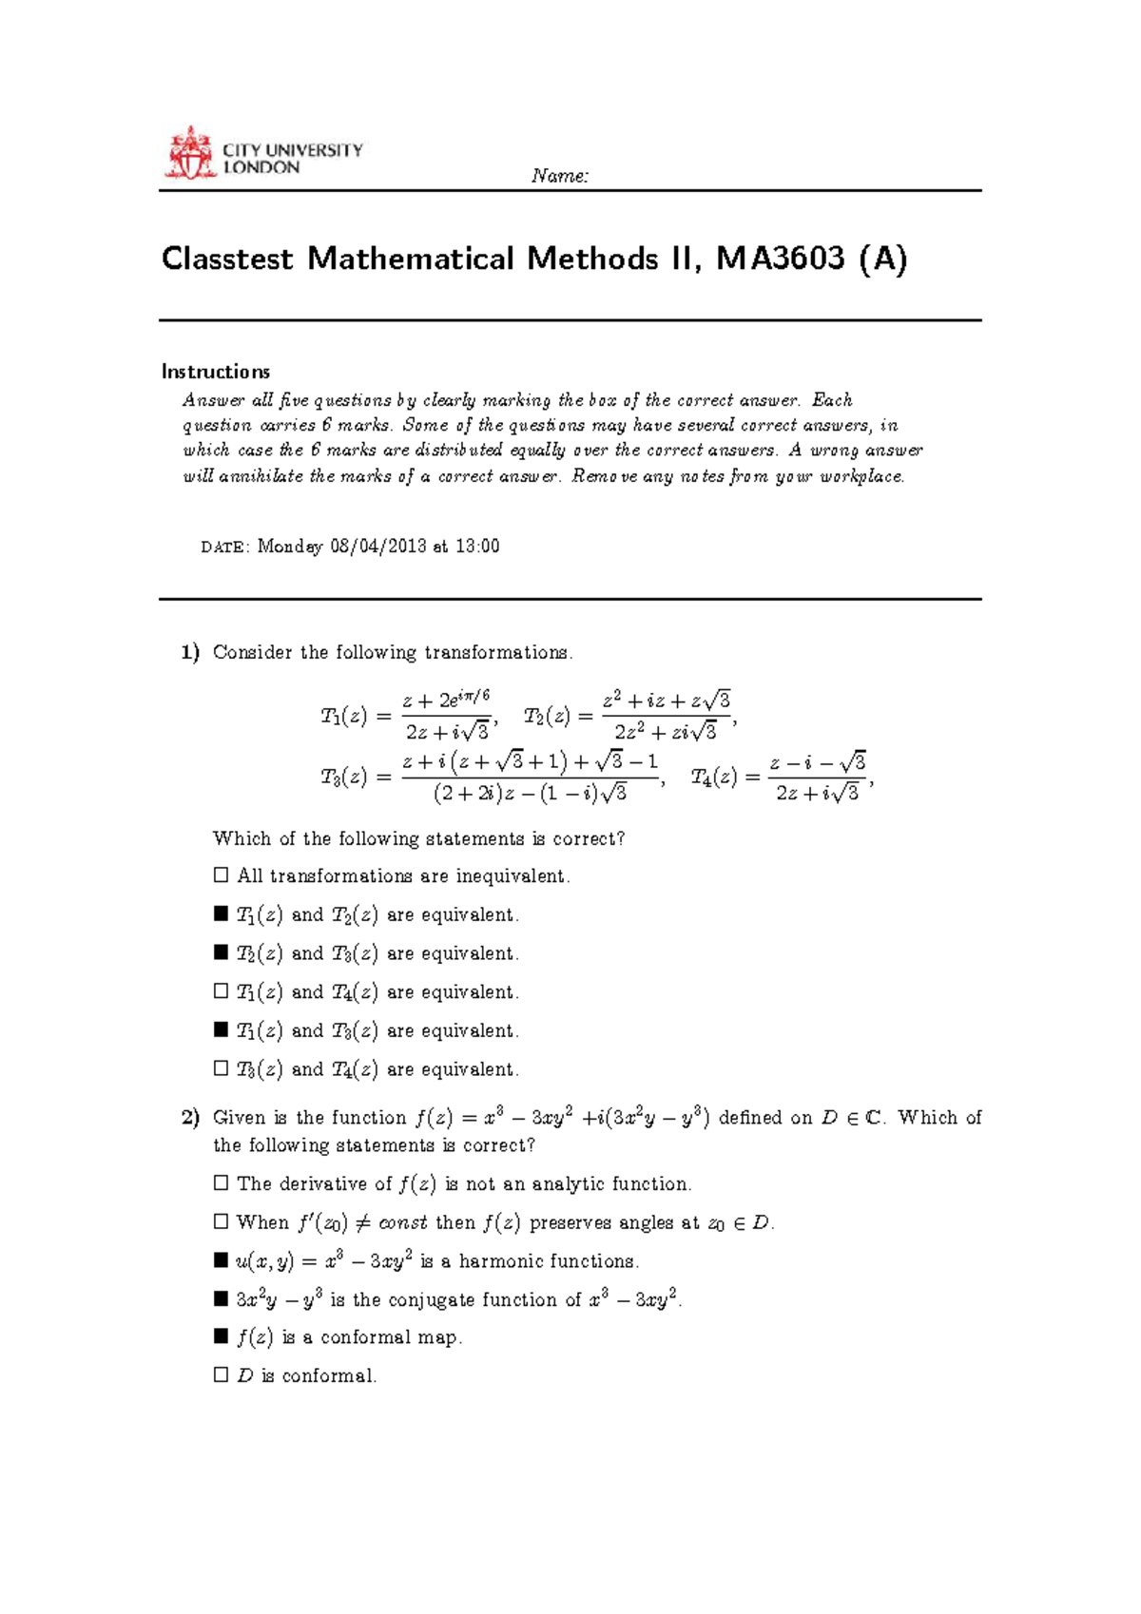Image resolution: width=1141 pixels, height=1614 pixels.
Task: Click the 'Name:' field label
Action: pos(560,176)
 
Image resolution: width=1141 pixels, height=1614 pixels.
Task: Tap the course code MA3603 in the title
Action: pos(781,259)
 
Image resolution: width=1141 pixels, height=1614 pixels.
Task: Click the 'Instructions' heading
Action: pos(216,372)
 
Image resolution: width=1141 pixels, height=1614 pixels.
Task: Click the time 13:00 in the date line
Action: pos(477,547)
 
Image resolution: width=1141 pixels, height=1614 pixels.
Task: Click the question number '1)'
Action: pos(190,653)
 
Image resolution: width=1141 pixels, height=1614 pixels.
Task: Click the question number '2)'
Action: pos(190,1118)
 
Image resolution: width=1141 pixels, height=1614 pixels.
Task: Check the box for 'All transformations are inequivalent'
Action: pos(222,875)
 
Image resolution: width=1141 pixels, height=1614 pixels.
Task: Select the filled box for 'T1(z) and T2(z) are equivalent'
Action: pos(222,914)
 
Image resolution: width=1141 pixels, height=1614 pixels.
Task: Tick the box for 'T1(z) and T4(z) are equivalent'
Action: pos(222,991)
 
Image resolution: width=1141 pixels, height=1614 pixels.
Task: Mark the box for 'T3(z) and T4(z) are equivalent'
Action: pos(222,1068)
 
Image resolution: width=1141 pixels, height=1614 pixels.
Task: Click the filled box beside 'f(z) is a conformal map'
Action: pos(222,1337)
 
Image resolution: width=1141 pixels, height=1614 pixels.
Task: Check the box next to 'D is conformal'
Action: pos(222,1375)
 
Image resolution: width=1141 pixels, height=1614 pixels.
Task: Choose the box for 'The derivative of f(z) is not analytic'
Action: pos(222,1183)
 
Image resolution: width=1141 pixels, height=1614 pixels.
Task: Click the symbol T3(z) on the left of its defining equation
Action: pos(343,778)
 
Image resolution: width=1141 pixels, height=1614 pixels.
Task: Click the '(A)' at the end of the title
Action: pos(882,259)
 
